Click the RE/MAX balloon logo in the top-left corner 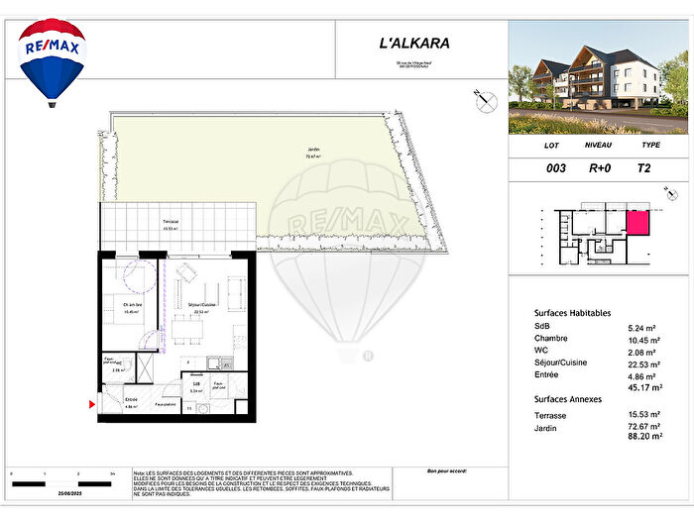(x=53, y=60)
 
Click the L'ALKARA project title (x=415, y=43)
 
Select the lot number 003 (x=556, y=168)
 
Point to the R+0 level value (x=600, y=168)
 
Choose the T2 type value (x=644, y=168)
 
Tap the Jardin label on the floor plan (x=313, y=151)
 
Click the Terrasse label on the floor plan (x=172, y=223)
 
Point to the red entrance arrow (x=93, y=404)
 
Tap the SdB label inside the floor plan (x=197, y=384)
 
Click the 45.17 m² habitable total (x=641, y=388)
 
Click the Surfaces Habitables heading (x=572, y=311)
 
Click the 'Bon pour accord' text (x=445, y=470)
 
